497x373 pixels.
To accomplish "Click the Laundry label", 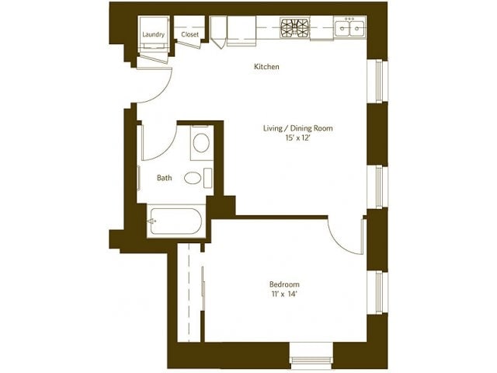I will (x=152, y=34).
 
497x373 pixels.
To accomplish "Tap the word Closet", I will (x=189, y=34).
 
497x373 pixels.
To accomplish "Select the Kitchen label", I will (x=266, y=67).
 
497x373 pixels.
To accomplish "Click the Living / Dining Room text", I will (x=297, y=127).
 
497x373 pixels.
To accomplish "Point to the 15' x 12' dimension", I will (x=297, y=138).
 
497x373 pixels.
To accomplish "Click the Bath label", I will (x=165, y=178).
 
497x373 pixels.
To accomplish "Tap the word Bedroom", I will (x=284, y=284).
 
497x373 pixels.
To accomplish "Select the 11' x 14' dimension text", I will (x=284, y=295).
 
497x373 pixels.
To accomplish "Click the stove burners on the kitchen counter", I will (x=294, y=29).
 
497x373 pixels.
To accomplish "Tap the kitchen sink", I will (x=350, y=29).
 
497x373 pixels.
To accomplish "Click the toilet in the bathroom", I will (x=200, y=142).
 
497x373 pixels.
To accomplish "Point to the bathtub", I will (x=176, y=222).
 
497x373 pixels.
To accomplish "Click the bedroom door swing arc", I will (x=344, y=235).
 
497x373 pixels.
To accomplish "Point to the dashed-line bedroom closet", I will (x=190, y=291).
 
